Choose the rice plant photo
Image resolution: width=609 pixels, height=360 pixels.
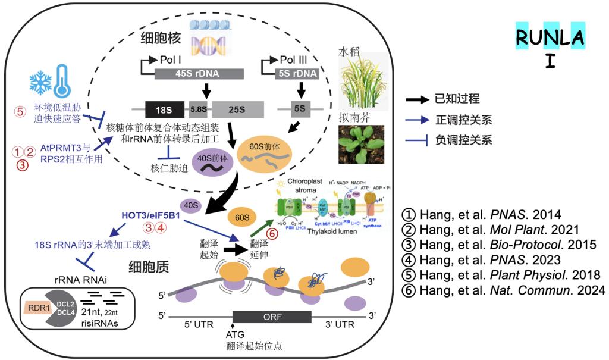[361, 80]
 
